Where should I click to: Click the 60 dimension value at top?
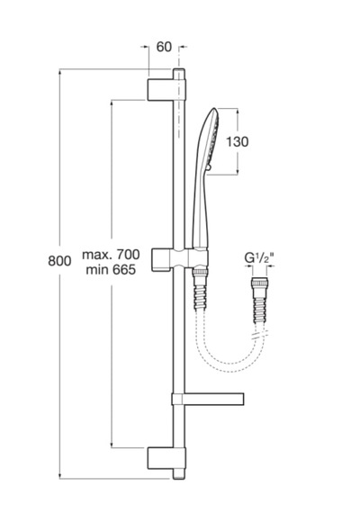point(164,47)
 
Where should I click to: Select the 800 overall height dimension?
point(59,261)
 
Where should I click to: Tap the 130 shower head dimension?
point(238,141)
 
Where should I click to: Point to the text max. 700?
point(111,254)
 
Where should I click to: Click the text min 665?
point(111,270)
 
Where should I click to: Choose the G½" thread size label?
point(259,258)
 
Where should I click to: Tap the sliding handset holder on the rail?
point(180,260)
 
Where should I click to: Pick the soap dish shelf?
point(208,399)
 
